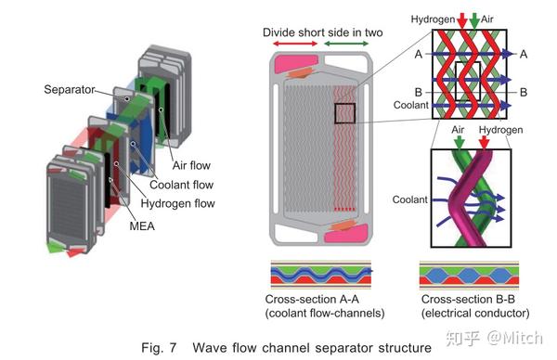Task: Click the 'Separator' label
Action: coord(70,89)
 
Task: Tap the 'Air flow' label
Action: coord(191,165)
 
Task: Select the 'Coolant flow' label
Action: coord(182,185)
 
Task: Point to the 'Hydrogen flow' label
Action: coord(178,204)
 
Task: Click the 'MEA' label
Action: coord(142,226)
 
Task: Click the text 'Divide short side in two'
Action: coord(322,32)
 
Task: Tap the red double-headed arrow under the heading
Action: coord(295,44)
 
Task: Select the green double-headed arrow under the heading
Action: coord(346,44)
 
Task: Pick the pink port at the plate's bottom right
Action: coord(347,233)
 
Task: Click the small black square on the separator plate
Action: coord(344,113)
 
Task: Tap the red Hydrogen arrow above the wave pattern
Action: coord(461,19)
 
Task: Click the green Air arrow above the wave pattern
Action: coord(474,19)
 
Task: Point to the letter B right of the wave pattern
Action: coord(524,92)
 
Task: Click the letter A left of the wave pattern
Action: coord(419,55)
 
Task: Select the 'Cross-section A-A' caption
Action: coord(312,300)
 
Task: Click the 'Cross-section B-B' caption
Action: coord(468,300)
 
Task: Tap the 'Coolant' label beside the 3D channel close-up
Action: coord(410,199)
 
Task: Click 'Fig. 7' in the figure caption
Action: coord(159,348)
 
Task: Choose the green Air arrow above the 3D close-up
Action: coord(459,142)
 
